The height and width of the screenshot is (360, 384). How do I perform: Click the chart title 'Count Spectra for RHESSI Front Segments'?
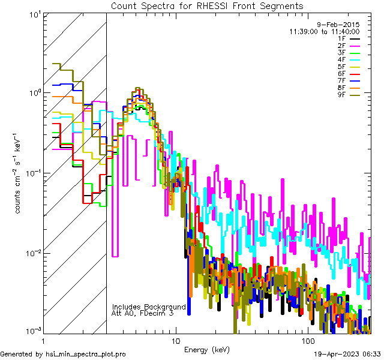[207, 6]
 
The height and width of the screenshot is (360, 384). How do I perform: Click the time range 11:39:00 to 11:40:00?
[324, 32]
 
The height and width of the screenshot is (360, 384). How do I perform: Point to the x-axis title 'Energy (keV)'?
[207, 349]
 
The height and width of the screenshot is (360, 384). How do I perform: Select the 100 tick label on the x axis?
[307, 341]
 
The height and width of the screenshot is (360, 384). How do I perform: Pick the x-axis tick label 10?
[175, 341]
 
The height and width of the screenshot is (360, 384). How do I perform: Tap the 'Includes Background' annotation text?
[149, 307]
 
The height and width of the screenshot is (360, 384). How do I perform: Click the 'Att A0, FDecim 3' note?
[143, 313]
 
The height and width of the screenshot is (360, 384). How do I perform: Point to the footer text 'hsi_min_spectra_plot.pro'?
[86, 354]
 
